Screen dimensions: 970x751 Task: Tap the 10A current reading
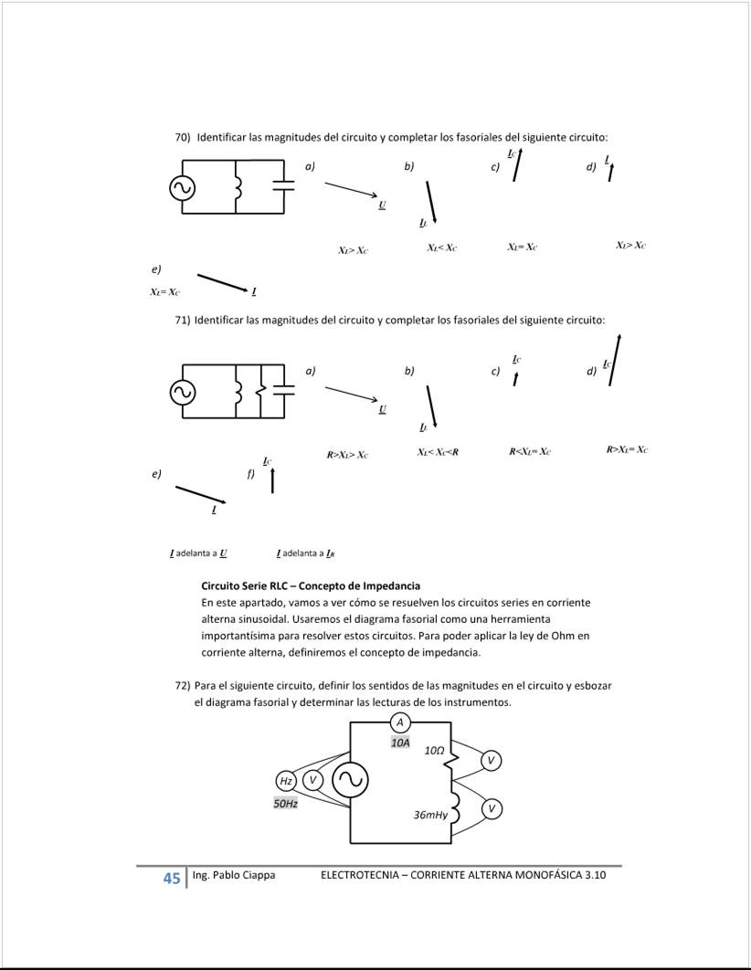point(400,743)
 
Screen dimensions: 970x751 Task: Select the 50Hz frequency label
point(286,804)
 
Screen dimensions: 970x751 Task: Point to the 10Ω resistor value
point(434,750)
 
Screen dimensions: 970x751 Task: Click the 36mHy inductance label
point(430,814)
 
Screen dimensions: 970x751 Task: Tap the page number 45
point(171,878)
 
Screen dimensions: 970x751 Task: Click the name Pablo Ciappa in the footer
point(244,875)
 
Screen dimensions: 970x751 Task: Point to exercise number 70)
point(182,137)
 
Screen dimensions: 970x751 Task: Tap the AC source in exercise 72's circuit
point(349,779)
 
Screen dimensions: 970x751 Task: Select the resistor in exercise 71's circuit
point(260,391)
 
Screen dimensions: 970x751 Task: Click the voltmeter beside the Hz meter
point(312,780)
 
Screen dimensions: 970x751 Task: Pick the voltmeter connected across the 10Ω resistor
point(491,761)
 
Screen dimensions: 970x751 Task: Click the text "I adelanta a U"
point(198,554)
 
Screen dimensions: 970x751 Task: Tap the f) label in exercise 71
point(250,475)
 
